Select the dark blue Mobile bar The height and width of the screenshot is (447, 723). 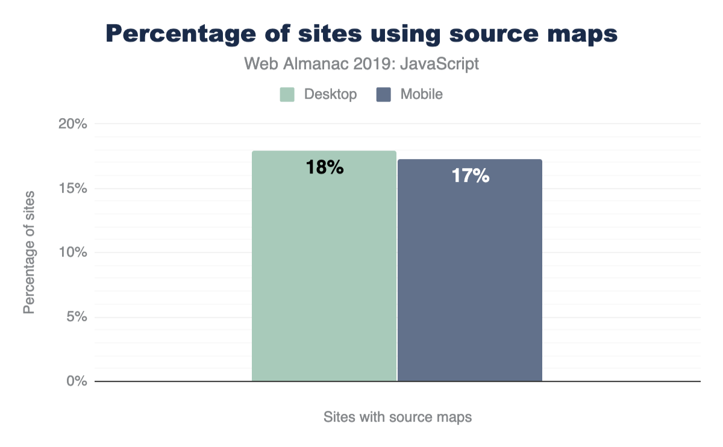pos(470,277)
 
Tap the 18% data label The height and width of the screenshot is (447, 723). pos(324,167)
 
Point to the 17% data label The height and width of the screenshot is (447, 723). pos(470,176)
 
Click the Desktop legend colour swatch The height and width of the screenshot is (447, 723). pos(287,95)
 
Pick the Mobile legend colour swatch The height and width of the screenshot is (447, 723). pos(383,95)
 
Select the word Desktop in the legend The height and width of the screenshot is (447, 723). pos(330,95)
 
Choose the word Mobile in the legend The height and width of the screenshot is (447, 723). pos(422,95)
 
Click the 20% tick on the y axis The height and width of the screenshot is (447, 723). pos(72,124)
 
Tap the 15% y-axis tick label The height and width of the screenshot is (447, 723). pos(72,189)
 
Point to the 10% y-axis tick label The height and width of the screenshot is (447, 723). pos(72,252)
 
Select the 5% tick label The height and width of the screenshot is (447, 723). pos(76,317)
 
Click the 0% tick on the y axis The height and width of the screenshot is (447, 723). pos(76,381)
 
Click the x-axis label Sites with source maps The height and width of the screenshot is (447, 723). pos(397,417)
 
